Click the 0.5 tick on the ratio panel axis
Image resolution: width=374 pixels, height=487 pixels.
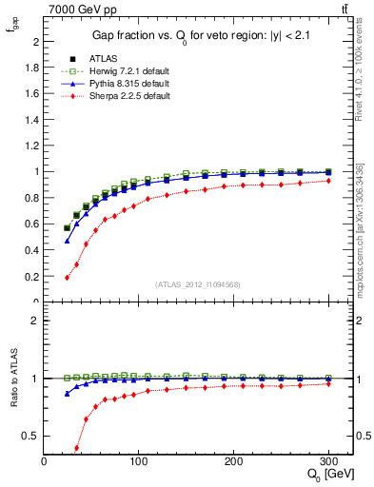33,437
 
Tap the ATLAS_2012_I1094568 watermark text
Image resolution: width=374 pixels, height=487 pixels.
198,284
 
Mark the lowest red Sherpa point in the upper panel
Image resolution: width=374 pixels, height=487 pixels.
67,278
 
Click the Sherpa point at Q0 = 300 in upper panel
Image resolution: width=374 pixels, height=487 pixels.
328,181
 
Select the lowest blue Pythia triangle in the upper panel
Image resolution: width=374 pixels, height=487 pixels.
67,242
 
